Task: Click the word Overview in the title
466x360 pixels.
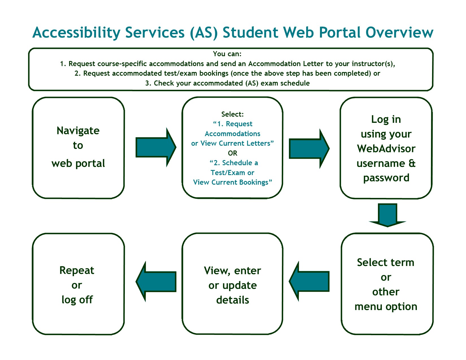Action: coord(399,32)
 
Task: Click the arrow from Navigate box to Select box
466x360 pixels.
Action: coord(156,147)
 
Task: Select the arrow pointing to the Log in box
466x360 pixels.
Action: coord(309,149)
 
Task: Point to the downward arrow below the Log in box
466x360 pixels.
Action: coord(387,215)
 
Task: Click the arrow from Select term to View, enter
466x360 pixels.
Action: coord(309,282)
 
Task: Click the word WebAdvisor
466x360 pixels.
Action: coord(386,149)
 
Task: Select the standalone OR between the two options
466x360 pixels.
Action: coord(232,153)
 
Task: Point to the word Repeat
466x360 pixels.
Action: coord(77,270)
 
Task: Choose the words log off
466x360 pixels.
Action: coord(77,300)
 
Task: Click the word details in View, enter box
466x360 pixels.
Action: coord(233,300)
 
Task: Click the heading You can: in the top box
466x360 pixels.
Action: coord(227,54)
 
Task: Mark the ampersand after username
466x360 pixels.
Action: coord(412,163)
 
